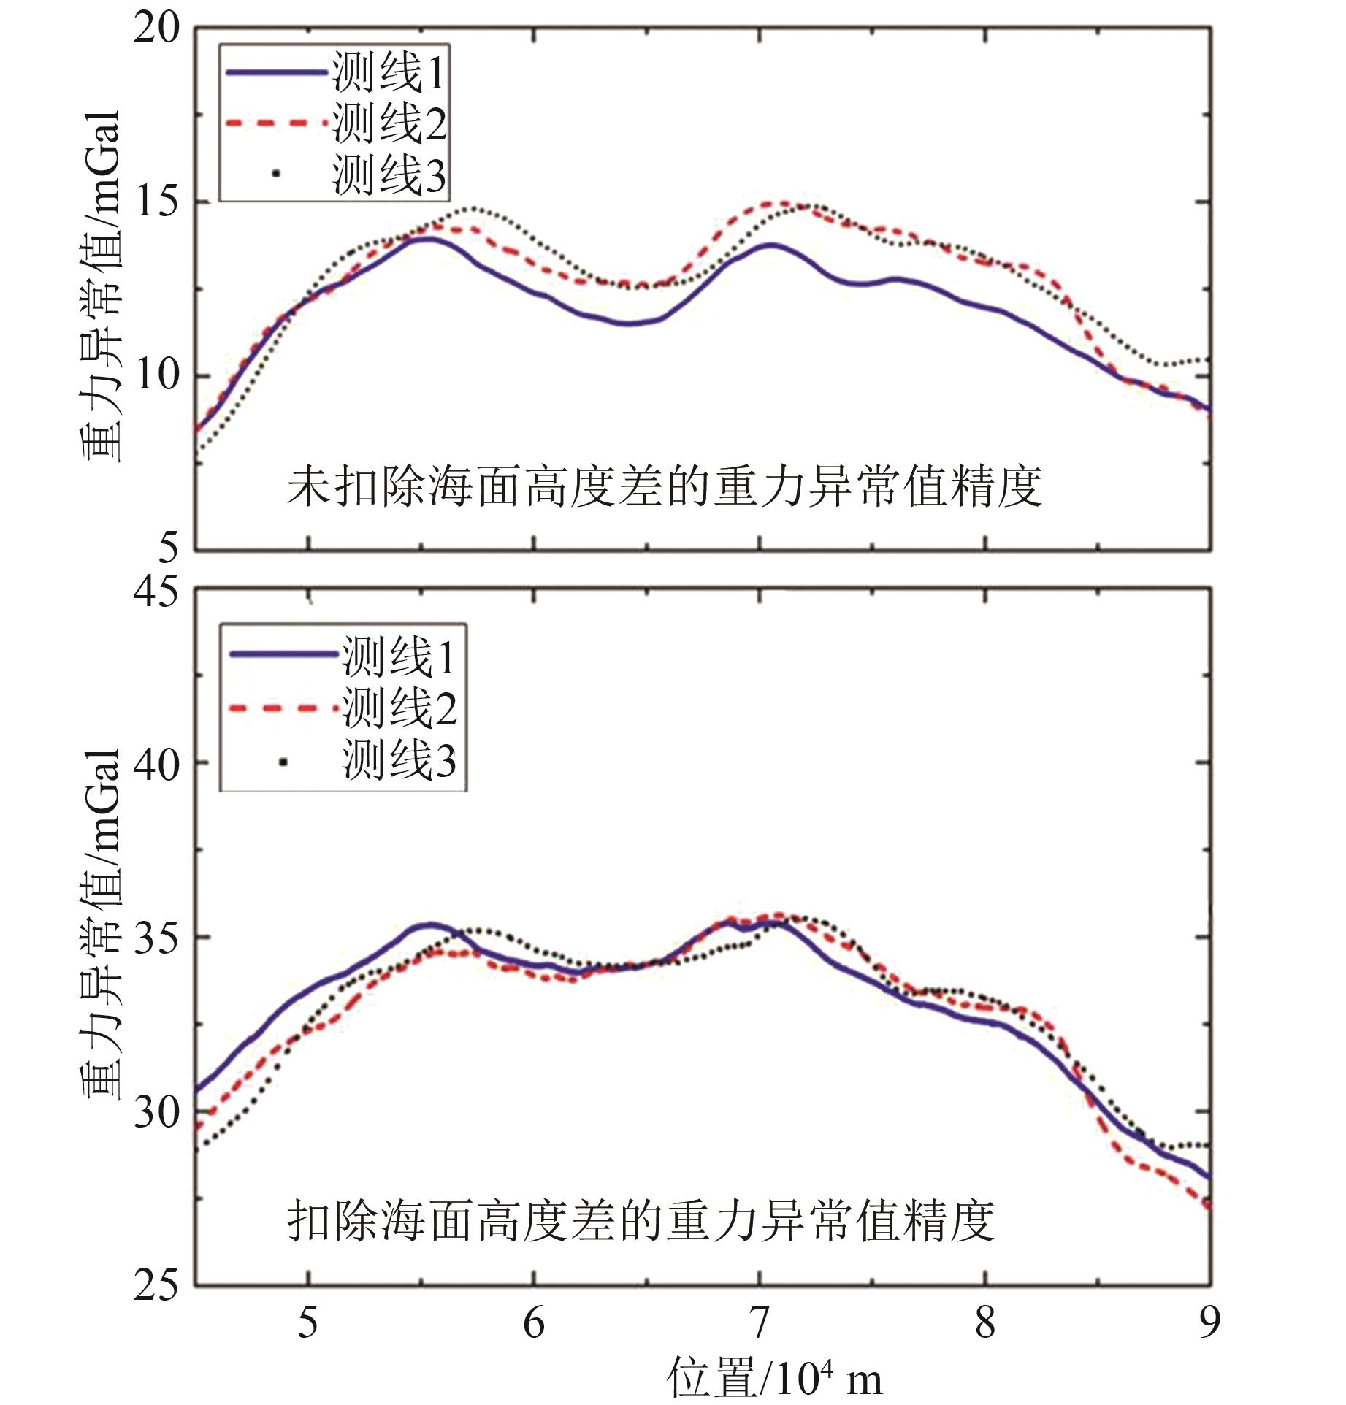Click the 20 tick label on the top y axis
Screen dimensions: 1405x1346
pos(156,30)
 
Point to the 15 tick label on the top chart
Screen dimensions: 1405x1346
pos(156,202)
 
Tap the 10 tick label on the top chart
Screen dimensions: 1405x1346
pos(156,375)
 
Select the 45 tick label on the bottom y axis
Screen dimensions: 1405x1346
pos(156,591)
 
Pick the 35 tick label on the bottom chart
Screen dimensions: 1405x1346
pos(156,938)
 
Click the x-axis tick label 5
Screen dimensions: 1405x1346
pos(308,1322)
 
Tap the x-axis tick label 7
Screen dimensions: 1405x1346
pos(760,1322)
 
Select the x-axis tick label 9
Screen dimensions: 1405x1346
pos(1209,1322)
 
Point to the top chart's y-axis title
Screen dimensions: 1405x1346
pos(99,286)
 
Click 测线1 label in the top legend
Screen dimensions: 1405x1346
pos(389,72)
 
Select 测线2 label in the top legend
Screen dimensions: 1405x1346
pos(389,123)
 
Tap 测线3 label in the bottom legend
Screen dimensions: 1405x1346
pos(399,759)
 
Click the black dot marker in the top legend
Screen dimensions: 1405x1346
pos(275,174)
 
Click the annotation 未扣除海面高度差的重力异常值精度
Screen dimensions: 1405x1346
pos(663,487)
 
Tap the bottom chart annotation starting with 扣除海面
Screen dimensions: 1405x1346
pos(640,1221)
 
